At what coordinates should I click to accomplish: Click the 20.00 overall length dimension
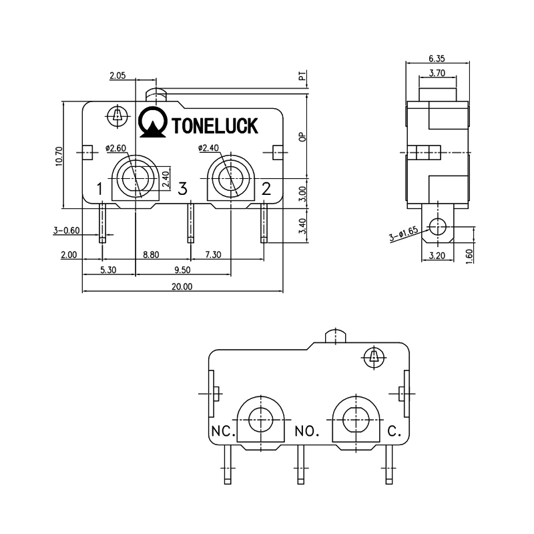(182, 287)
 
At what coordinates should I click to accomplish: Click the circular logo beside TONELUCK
(154, 121)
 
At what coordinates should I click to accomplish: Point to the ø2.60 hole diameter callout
(116, 148)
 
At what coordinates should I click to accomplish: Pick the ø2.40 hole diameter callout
(209, 148)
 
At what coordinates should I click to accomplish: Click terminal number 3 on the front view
(182, 189)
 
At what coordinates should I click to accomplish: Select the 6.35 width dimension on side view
(437, 58)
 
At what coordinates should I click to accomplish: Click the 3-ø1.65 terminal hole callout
(403, 235)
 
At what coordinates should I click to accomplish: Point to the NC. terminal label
(223, 431)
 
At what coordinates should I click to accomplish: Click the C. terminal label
(394, 431)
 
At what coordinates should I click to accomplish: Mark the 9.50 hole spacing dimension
(183, 270)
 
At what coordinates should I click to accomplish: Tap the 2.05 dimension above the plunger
(118, 77)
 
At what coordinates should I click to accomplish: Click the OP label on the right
(302, 138)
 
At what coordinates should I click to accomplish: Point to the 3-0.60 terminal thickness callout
(67, 230)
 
